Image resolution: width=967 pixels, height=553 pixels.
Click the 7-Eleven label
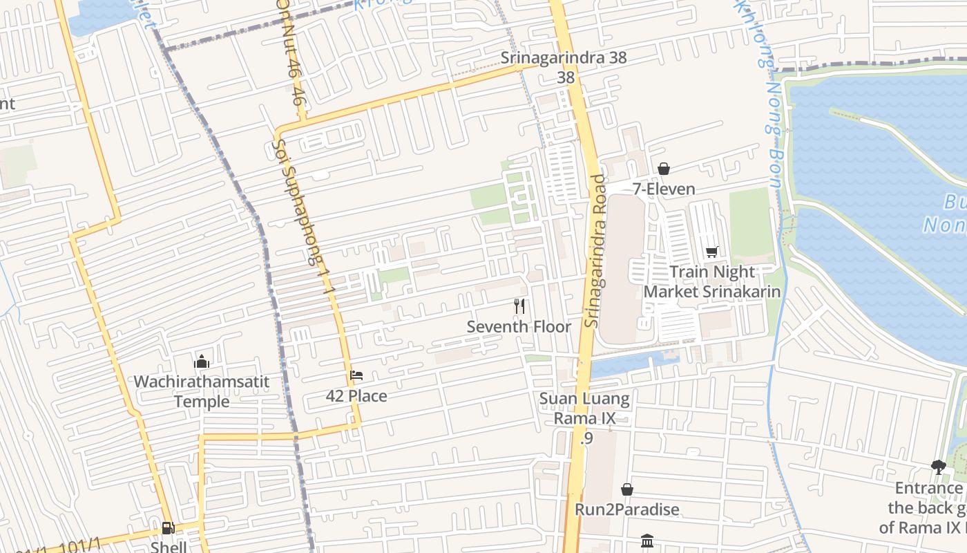[x=664, y=189]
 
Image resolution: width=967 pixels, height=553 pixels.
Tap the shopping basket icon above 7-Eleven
[x=664, y=168]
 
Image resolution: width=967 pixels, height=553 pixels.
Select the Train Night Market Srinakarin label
[x=712, y=281]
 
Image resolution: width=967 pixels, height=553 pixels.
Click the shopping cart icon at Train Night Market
[x=712, y=252]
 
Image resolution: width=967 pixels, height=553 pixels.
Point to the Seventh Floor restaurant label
[x=519, y=326]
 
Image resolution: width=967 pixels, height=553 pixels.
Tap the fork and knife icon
[x=519, y=306]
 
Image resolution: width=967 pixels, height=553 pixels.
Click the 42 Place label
[x=356, y=396]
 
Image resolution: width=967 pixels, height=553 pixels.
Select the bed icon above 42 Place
[x=356, y=375]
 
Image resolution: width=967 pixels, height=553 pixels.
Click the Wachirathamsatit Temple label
[x=202, y=391]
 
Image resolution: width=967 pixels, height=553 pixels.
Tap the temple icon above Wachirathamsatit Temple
[x=202, y=362]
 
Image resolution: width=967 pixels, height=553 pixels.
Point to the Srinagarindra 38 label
[x=564, y=58]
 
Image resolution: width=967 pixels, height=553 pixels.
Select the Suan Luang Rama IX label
[x=584, y=409]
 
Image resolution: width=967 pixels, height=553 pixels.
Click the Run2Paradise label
[x=627, y=509]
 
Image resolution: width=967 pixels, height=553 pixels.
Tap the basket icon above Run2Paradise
[x=627, y=489]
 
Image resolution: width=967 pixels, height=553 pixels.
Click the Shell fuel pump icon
[x=168, y=528]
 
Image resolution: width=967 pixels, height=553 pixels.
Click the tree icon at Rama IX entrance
[x=938, y=467]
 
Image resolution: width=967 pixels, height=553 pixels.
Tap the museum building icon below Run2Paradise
[x=647, y=541]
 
